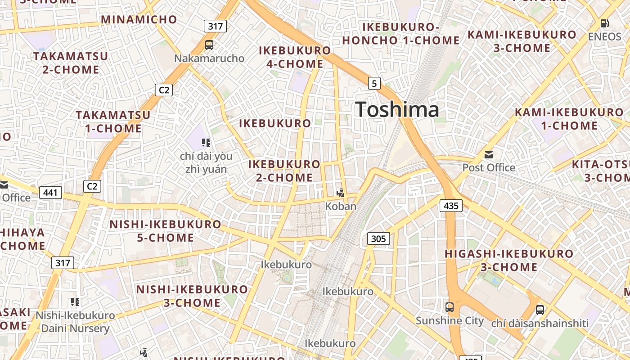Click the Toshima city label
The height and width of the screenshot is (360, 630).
coord(397,110)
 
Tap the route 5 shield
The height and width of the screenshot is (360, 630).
coord(374,83)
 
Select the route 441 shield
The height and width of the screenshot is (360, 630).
coord(50,193)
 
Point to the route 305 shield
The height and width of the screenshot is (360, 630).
coord(378,238)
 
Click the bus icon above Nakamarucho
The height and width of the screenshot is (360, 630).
coord(209,45)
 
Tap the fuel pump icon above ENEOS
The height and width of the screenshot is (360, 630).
coord(605,23)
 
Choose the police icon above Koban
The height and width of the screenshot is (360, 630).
coord(341,193)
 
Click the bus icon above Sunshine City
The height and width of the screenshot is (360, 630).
coord(449,307)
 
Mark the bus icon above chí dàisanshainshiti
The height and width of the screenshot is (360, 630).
coord(540,310)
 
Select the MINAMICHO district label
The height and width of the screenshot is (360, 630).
coord(139,19)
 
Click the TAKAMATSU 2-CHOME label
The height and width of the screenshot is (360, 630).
coord(71,63)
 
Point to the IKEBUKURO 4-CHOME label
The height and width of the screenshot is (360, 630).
coord(295,57)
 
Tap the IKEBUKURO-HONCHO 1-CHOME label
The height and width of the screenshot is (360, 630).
coord(400,34)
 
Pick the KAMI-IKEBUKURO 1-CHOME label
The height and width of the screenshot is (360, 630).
coord(569,119)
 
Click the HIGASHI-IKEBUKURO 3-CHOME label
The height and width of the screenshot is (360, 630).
coord(509,260)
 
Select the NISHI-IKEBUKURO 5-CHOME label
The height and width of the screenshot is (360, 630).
coord(166,231)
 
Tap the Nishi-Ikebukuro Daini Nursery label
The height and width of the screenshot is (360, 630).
coord(75,322)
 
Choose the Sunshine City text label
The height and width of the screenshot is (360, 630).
coord(450,321)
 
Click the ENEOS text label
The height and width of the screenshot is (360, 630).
coord(605,36)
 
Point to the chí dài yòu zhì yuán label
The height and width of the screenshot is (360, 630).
coord(206,162)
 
